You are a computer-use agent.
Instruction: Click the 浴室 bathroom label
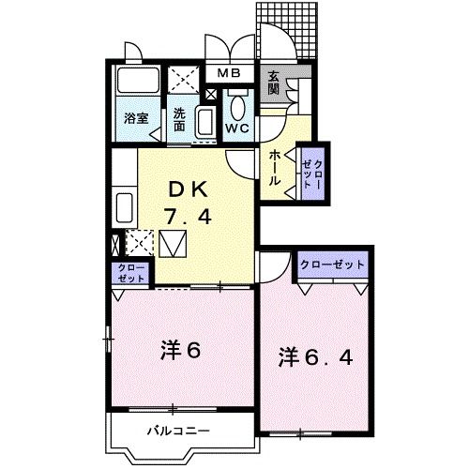point(137,119)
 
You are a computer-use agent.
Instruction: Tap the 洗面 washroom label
point(181,120)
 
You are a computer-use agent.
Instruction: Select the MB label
point(230,73)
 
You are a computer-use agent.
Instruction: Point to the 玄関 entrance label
point(274,83)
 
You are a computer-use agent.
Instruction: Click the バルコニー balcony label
point(177,431)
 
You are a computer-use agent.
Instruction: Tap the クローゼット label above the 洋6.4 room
point(332,265)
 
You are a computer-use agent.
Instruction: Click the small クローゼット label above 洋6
point(131,273)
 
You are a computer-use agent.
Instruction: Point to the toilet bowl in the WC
point(238,105)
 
